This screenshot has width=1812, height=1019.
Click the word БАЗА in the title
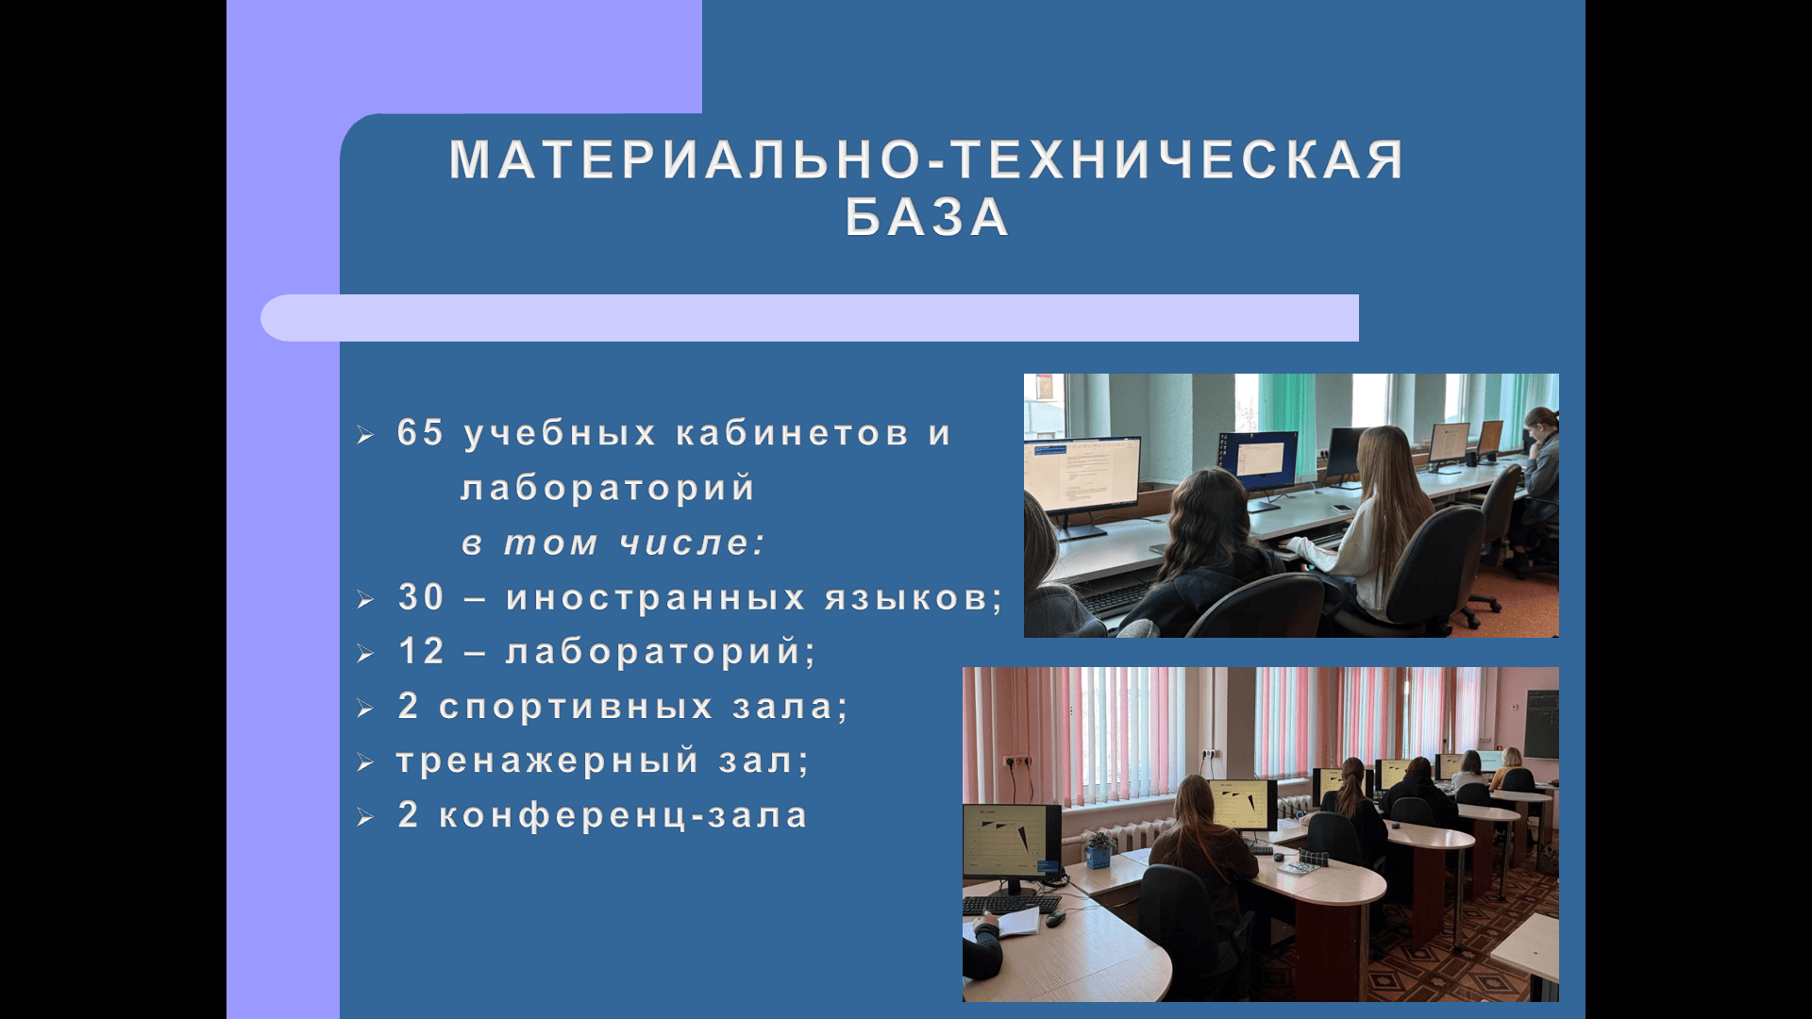point(928,217)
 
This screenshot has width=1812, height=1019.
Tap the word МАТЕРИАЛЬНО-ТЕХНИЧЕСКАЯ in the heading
point(928,159)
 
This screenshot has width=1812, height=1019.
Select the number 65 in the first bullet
point(421,432)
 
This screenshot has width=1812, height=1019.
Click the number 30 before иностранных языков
point(421,596)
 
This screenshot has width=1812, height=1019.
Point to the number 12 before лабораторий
point(421,651)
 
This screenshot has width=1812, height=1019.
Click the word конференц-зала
point(624,815)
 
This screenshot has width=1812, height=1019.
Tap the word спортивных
point(576,707)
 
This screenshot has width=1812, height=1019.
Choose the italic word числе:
point(693,543)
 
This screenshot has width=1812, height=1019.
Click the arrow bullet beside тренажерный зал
point(366,763)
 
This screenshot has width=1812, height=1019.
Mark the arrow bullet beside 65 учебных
point(366,436)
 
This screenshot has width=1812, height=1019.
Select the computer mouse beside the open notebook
point(1055,918)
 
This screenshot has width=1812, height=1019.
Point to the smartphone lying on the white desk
point(1339,508)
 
